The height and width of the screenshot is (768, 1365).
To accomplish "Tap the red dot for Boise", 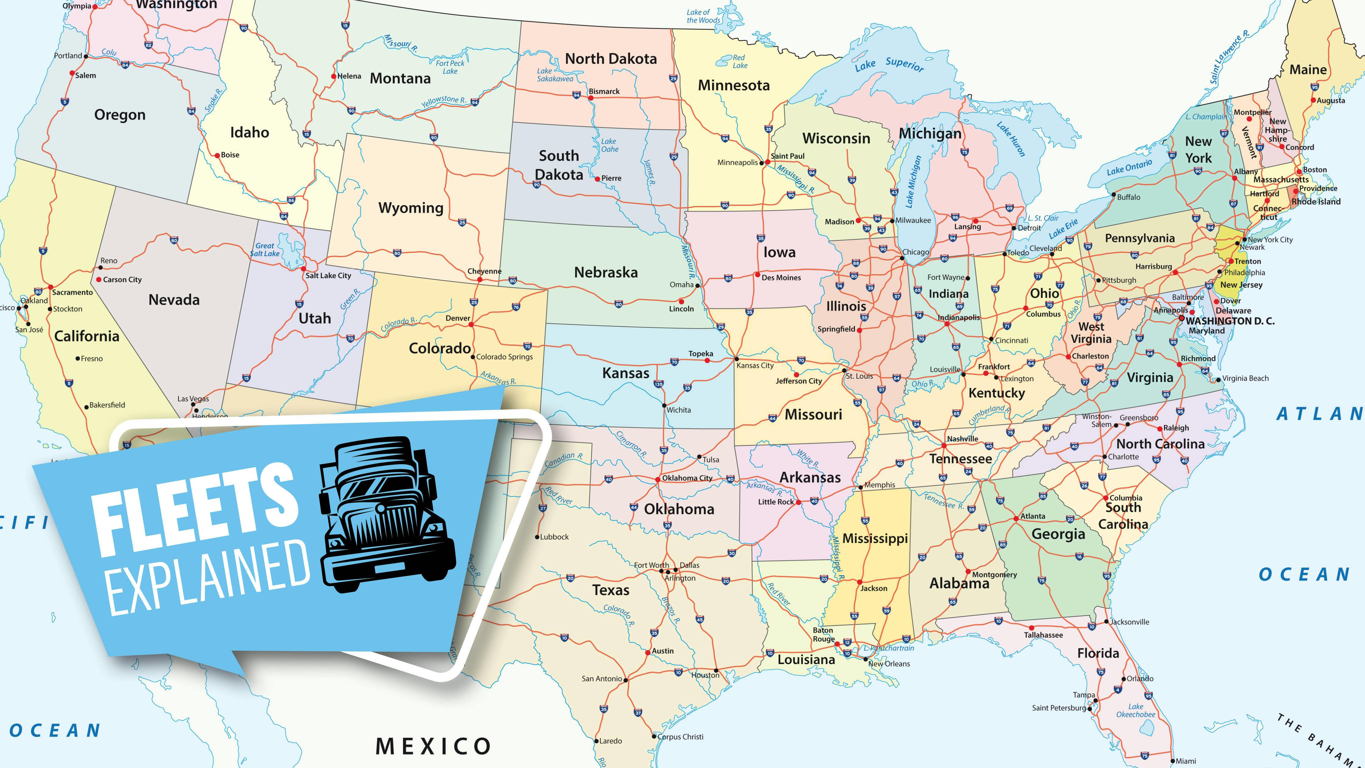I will pyautogui.click(x=217, y=155).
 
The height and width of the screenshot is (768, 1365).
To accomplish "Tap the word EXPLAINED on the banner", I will pyautogui.click(x=209, y=578).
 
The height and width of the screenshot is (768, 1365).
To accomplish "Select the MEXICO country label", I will pyautogui.click(x=433, y=746).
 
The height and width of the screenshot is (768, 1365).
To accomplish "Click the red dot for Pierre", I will pyautogui.click(x=597, y=179).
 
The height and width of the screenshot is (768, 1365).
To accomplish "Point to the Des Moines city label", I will pyautogui.click(x=781, y=278).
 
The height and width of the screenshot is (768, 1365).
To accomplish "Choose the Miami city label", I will pyautogui.click(x=1186, y=761).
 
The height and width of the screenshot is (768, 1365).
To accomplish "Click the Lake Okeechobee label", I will pyautogui.click(x=1136, y=710).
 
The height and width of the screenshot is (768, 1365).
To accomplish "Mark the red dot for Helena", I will pyautogui.click(x=333, y=76).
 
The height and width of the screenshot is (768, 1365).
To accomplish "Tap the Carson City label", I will pyautogui.click(x=122, y=280).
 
